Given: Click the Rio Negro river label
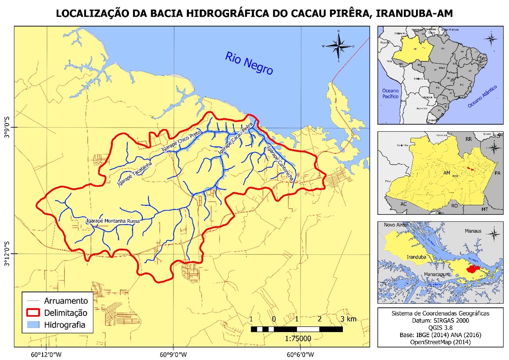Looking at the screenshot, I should tap(249, 63).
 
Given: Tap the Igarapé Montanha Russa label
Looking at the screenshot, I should tap(113, 221).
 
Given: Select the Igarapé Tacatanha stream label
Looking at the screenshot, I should tap(135, 174).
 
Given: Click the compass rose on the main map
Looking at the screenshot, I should tap(338, 46).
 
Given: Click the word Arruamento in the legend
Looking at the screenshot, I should tap(66, 301).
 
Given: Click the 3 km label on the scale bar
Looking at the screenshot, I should tap(349, 319).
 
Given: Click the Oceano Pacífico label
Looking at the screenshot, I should tap(391, 94).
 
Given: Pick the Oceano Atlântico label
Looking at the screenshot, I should tap(483, 96).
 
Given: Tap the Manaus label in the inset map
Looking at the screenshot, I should tap(473, 231).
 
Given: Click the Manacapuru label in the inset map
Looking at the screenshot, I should tap(437, 274).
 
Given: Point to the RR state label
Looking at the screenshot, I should tap(469, 139).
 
